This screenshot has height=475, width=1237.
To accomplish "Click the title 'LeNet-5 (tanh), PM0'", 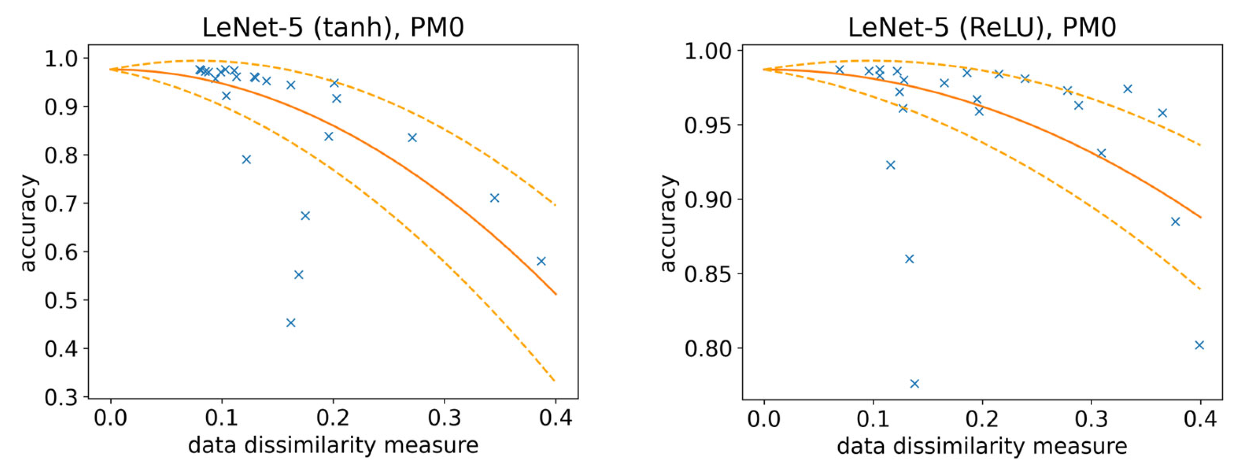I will coord(333,27).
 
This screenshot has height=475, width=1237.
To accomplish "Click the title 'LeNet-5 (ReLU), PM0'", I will coord(981,27).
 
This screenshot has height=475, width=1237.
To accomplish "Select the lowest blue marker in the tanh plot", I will coord(291,322).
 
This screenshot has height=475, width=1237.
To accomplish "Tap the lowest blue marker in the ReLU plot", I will coord(914,383).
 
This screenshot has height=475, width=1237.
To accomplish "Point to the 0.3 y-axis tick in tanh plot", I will coord(61,398).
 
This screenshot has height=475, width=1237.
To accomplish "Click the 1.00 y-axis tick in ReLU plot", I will coord(707,51).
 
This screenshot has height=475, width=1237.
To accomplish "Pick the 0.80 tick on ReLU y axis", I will coord(707,348).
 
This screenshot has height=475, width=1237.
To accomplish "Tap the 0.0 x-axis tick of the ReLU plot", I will coord(764,419).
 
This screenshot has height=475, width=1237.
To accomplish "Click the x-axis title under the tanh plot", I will coord(333,446).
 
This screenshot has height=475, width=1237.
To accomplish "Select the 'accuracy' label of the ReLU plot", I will coord(668,223).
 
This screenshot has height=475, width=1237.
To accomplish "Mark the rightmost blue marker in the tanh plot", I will coord(541,261).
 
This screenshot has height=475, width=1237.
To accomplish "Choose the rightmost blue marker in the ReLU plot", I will coord(1199,345).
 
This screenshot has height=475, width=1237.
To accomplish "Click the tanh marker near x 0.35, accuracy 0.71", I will coord(495,198).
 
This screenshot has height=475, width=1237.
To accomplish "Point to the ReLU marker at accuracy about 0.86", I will coord(909,259).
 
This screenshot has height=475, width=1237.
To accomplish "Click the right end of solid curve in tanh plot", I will coord(556,294).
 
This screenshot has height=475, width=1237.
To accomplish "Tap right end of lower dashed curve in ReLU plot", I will coord(1200,289).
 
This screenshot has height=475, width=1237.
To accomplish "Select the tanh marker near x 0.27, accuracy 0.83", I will coord(412,138).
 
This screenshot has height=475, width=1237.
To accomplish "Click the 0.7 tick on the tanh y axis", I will coord(61,204).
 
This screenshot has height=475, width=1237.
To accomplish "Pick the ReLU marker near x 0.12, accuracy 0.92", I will coord(890,165).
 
